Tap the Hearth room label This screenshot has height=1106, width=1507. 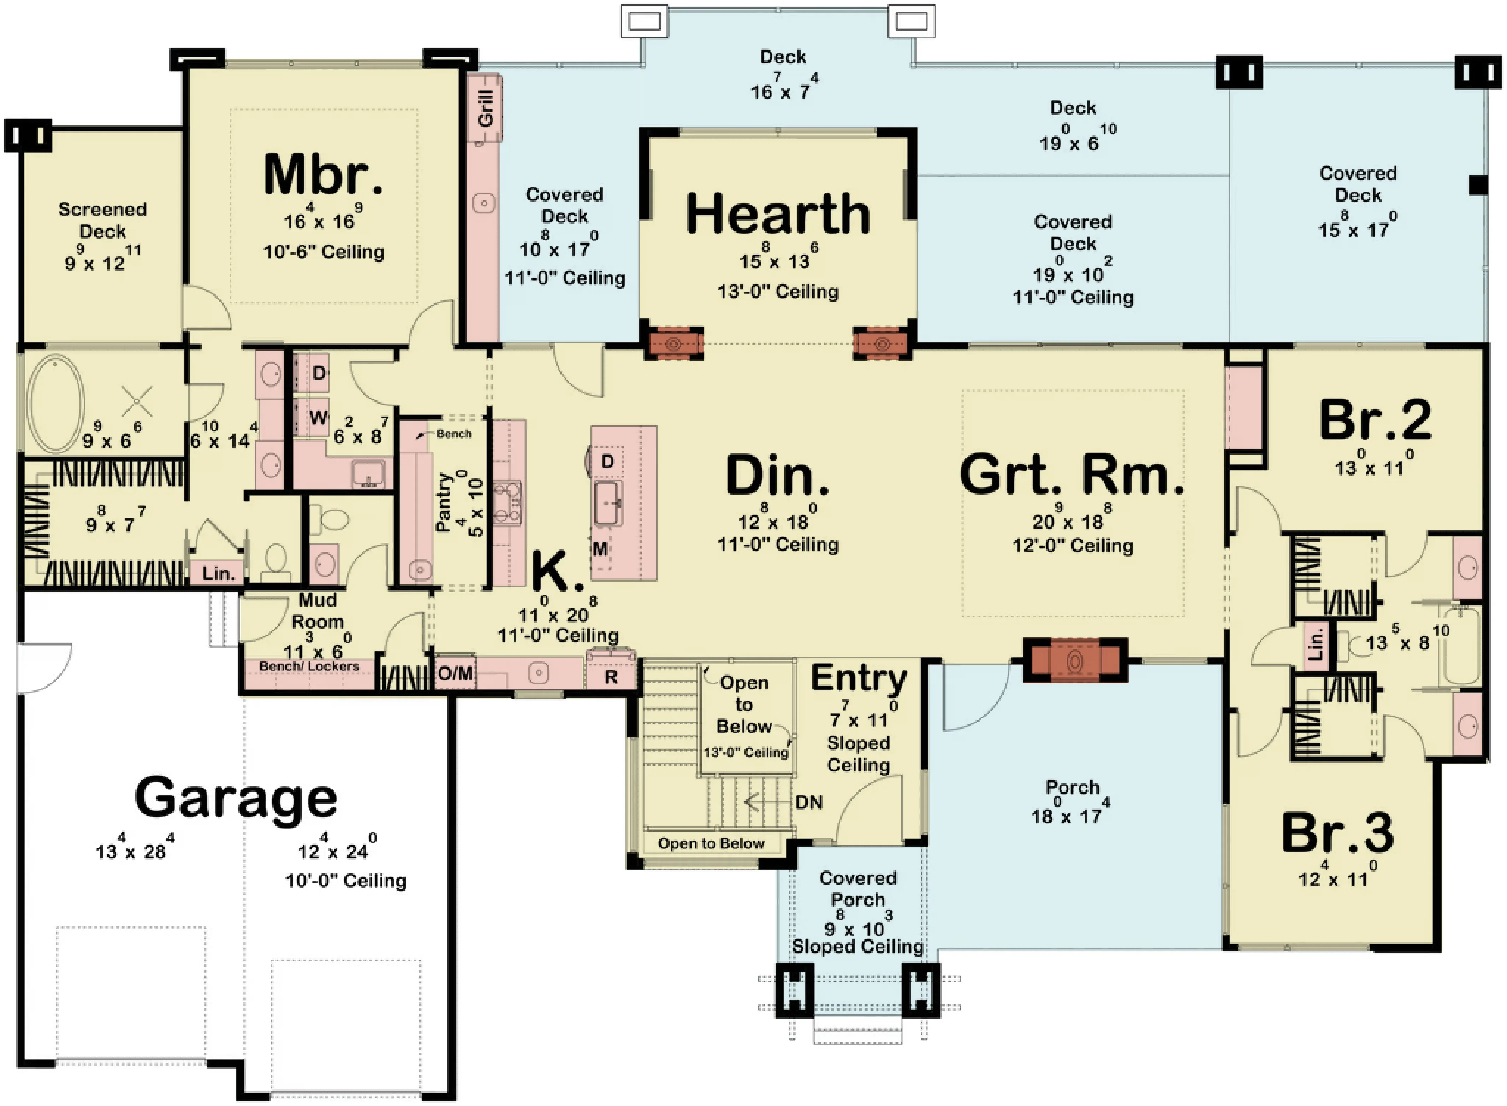coord(778,213)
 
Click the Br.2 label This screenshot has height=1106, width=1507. coord(1375,420)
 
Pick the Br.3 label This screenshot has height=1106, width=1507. coord(1338,832)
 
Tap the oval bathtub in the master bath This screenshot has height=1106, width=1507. coord(57,404)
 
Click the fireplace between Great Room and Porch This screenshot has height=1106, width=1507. coord(1075,660)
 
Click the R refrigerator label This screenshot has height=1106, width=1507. coord(611,677)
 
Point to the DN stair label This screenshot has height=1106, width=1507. coord(809,802)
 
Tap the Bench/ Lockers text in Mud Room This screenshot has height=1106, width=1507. coord(309,666)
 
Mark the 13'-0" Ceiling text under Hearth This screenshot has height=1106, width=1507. coord(778,291)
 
